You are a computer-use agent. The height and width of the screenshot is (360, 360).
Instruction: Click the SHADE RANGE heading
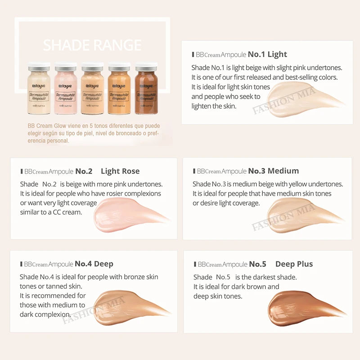tap(92, 45)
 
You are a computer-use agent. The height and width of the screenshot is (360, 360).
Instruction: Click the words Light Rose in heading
tap(120, 171)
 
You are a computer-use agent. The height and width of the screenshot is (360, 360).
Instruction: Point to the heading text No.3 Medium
tap(273, 171)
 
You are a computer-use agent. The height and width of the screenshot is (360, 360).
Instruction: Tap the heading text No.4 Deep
tap(94, 264)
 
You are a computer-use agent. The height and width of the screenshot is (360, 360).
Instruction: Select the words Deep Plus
tap(294, 264)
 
